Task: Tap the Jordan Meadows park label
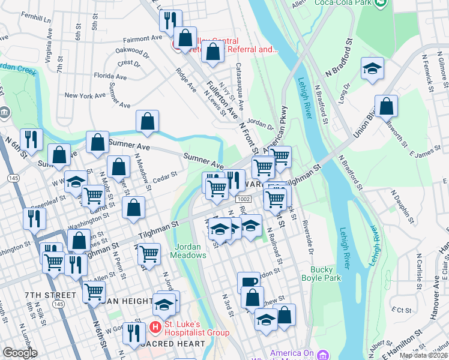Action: click(x=191, y=251)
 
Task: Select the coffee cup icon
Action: click(x=249, y=281)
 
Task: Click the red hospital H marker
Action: click(x=155, y=328)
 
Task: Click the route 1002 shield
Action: click(x=243, y=199)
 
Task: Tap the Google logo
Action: click(x=20, y=353)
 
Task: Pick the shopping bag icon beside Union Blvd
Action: click(x=386, y=106)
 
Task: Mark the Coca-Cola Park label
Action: click(x=342, y=2)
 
